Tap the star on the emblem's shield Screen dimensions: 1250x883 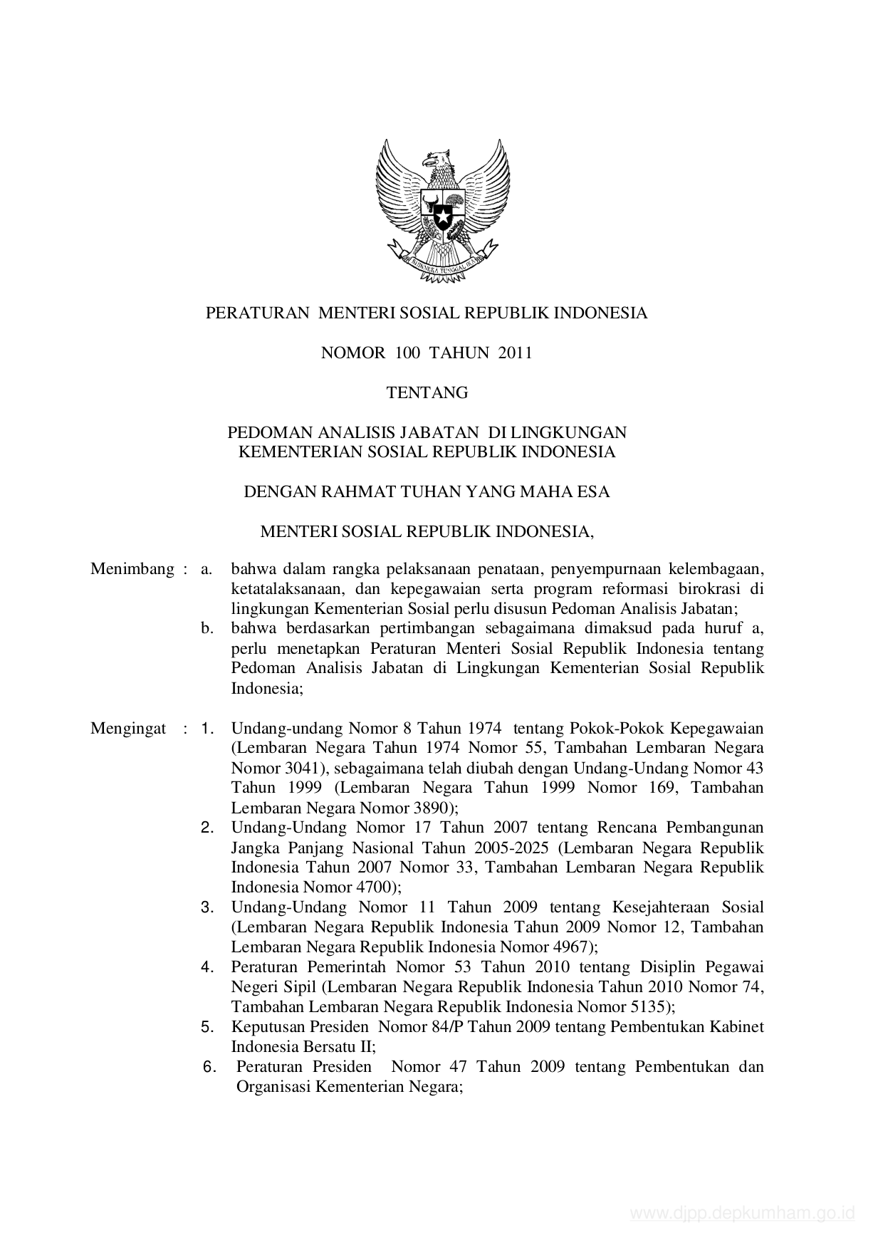[443, 212]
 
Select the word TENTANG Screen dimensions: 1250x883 [427, 392]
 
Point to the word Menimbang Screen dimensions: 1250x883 [132, 569]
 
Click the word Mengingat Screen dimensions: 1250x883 [128, 728]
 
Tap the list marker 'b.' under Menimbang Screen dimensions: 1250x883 [207, 629]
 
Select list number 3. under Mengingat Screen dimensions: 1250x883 [208, 907]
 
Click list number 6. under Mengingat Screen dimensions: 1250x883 [209, 1067]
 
